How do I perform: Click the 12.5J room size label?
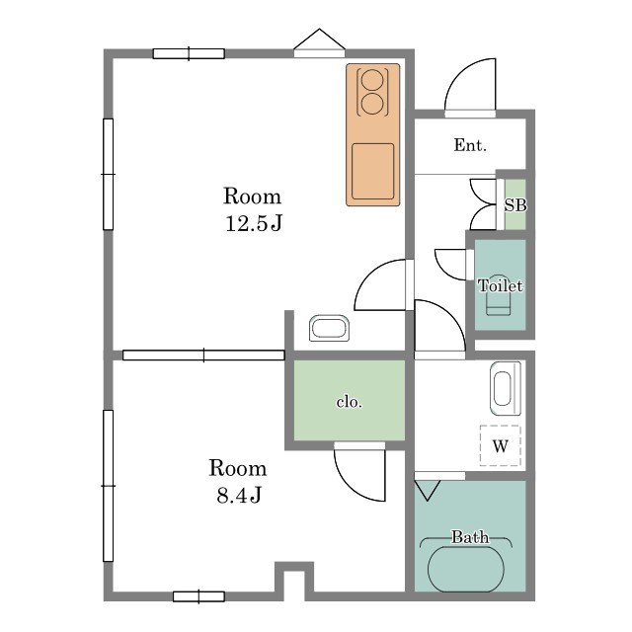pyautogui.click(x=254, y=223)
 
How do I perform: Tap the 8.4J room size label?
pyautogui.click(x=239, y=495)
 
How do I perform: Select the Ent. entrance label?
pyautogui.click(x=470, y=145)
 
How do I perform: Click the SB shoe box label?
pyautogui.click(x=515, y=205)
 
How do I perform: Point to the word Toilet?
pyautogui.click(x=501, y=285)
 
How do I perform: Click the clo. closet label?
pyautogui.click(x=349, y=402)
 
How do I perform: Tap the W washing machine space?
pyautogui.click(x=501, y=445)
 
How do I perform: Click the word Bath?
pyautogui.click(x=470, y=537)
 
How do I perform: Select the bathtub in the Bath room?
pyautogui.click(x=465, y=569)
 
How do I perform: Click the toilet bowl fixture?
pyautogui.click(x=498, y=300)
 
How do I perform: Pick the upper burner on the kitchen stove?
pyautogui.click(x=371, y=80)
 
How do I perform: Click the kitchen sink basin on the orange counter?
pyautogui.click(x=372, y=171)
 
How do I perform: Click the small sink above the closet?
pyautogui.click(x=329, y=328)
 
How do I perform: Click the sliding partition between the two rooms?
pyautogui.click(x=203, y=355)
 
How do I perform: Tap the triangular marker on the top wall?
pyautogui.click(x=319, y=39)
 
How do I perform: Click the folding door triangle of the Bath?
pyautogui.click(x=427, y=490)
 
